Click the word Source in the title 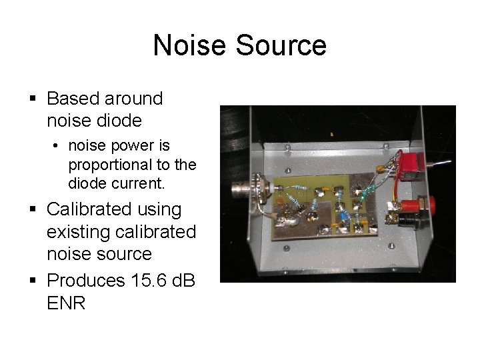tap(279, 45)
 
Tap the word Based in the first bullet tap(73, 99)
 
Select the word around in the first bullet tap(134, 99)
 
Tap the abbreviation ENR tap(66, 303)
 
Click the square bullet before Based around tap(33, 99)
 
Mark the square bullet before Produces tap(33, 281)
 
